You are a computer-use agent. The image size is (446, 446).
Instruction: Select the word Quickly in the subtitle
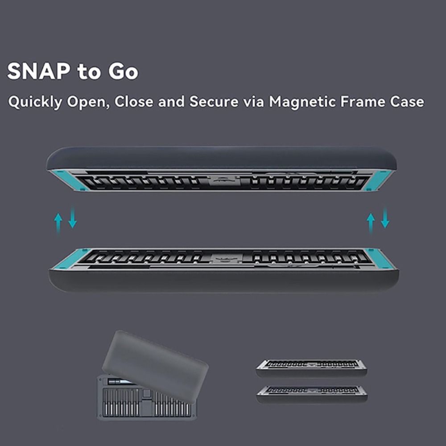[35, 102]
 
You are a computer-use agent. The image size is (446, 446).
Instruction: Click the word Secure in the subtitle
[214, 102]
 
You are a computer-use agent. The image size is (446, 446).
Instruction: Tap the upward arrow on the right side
[370, 223]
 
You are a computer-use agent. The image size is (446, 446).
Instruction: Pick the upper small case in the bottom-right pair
[312, 367]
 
